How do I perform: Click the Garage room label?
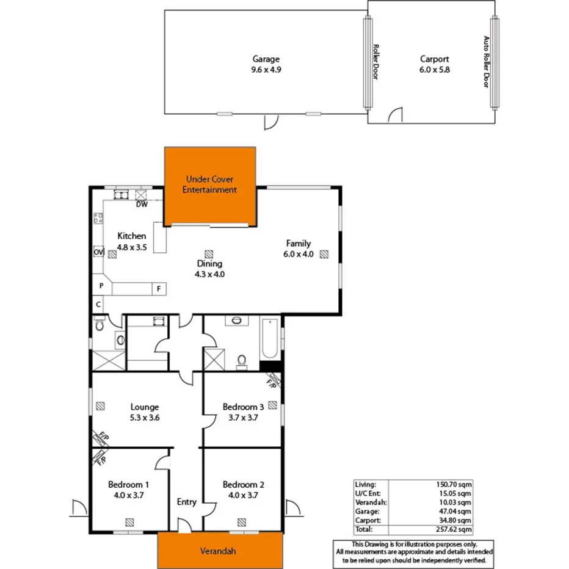[266, 59]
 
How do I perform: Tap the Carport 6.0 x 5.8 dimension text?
[434, 70]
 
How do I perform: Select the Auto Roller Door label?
[486, 62]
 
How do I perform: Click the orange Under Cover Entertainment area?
[211, 185]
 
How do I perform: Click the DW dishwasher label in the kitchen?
[142, 205]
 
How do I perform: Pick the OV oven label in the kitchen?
[98, 252]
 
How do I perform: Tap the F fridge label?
[158, 288]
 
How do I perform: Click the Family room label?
[298, 244]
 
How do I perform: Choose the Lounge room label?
[145, 407]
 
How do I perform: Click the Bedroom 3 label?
[243, 407]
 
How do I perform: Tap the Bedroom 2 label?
[243, 485]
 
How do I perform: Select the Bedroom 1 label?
[129, 485]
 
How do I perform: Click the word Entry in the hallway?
[187, 502]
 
